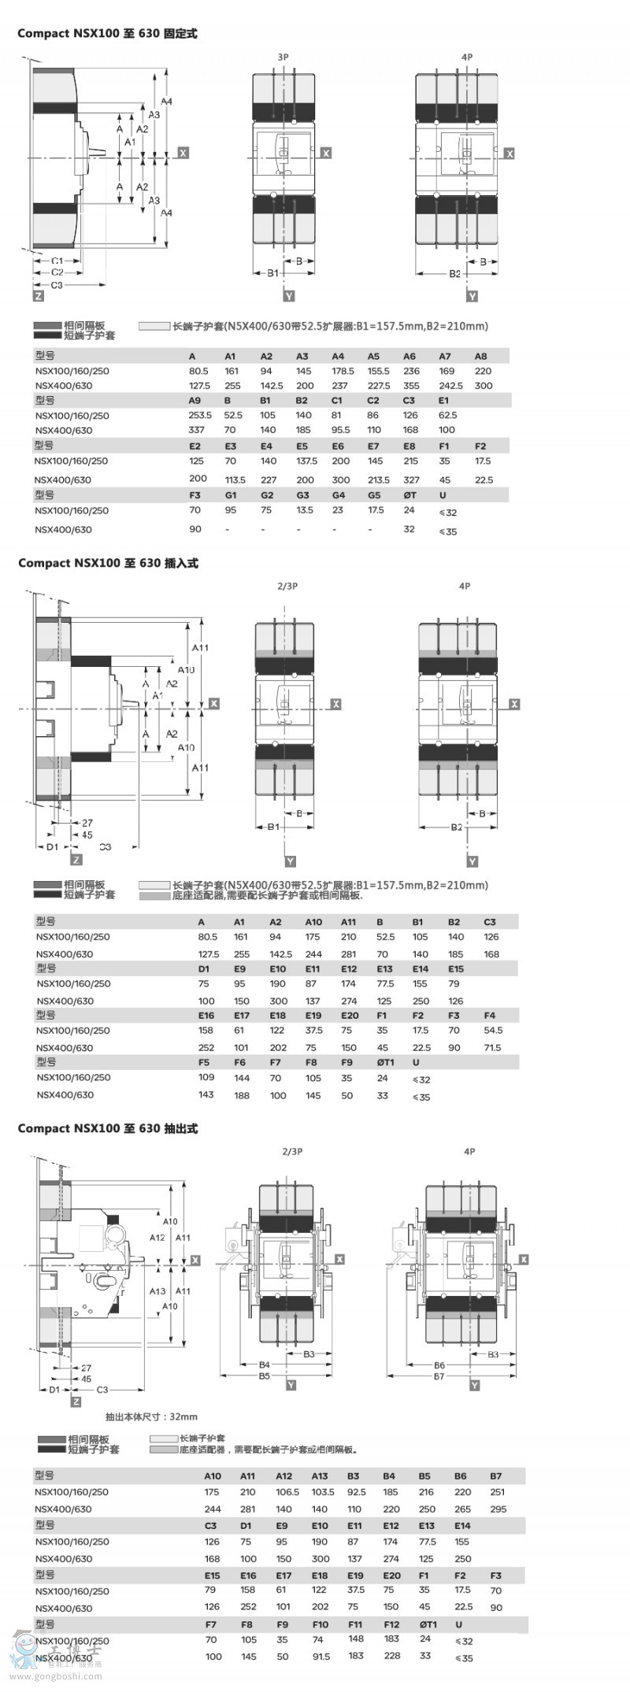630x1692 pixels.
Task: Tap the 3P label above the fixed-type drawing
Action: [x=283, y=57]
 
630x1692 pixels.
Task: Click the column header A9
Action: [x=195, y=401]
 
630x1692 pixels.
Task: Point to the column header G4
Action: [x=339, y=495]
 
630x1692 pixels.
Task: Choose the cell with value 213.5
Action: [x=378, y=479]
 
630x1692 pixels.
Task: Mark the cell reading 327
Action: [x=411, y=479]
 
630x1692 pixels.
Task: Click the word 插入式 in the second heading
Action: [x=181, y=563]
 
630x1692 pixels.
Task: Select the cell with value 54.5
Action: [x=493, y=1030]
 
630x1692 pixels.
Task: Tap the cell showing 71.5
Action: [x=493, y=1048]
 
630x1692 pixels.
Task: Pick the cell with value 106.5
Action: [x=287, y=1491]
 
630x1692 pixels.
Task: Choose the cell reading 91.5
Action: [x=321, y=1657]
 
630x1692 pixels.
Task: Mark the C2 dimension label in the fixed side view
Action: [x=57, y=272]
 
